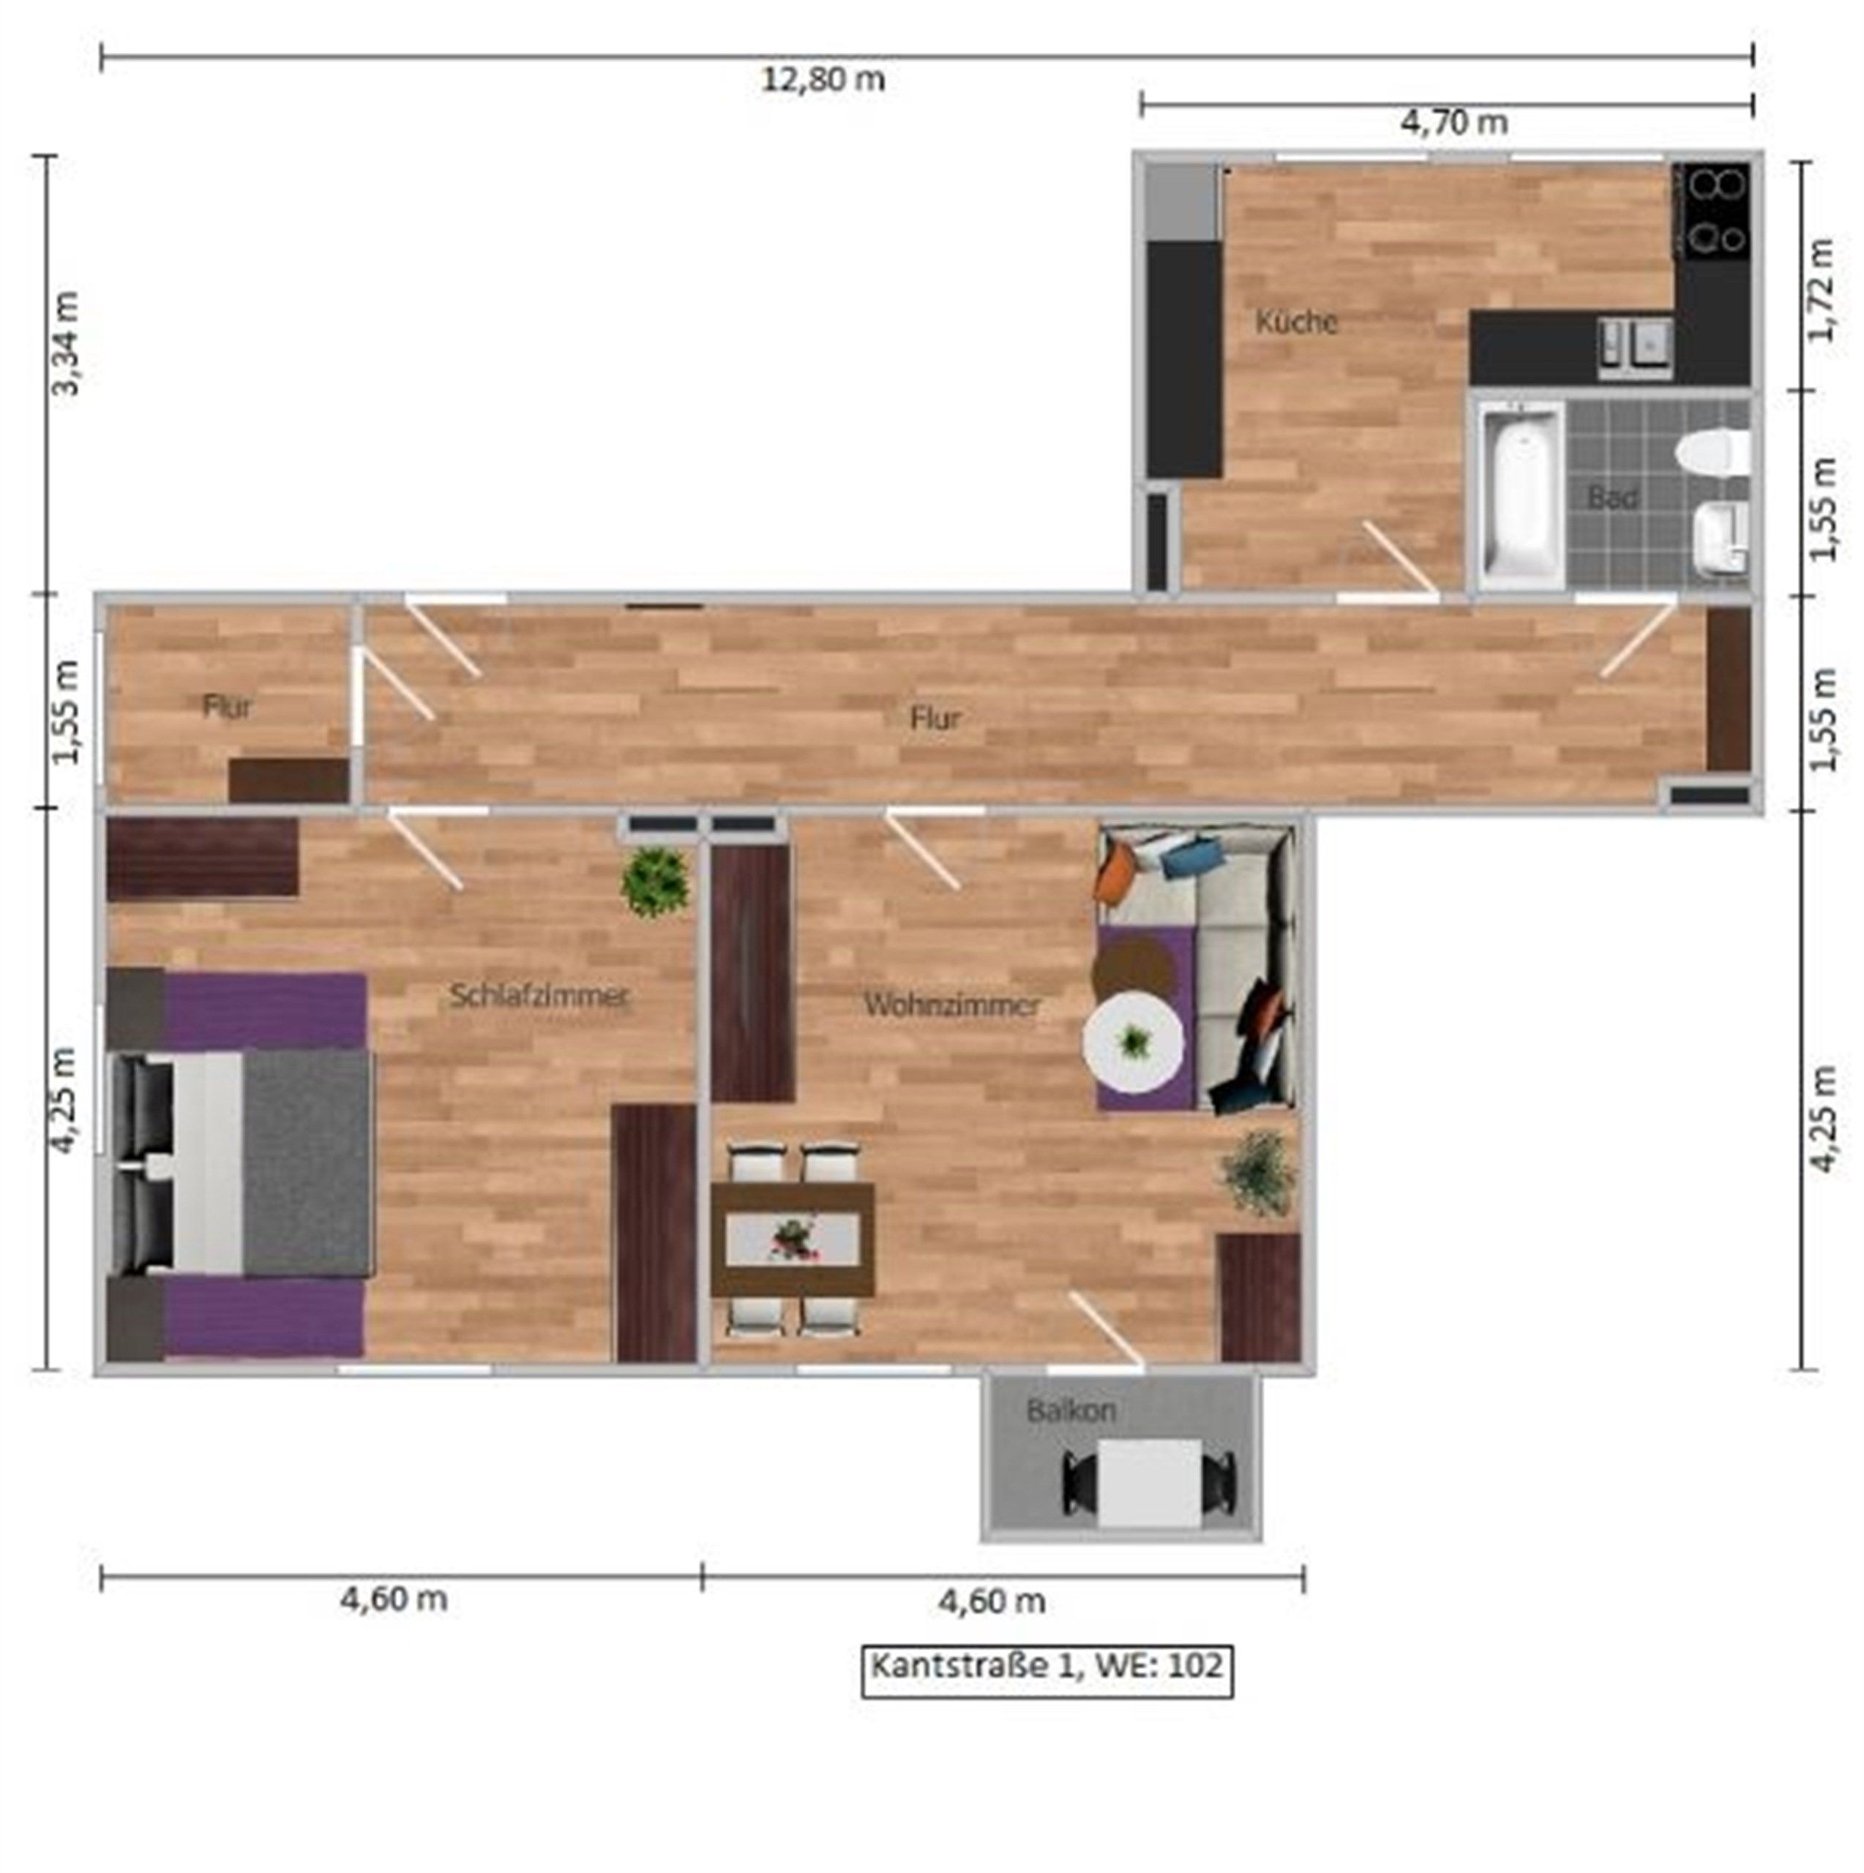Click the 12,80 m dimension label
[823, 80]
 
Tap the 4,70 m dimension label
[1453, 123]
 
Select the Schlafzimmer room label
[539, 996]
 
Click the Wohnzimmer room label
[952, 1005]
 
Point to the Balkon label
[1071, 1411]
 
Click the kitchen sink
[1635, 346]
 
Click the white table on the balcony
[1150, 1483]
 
